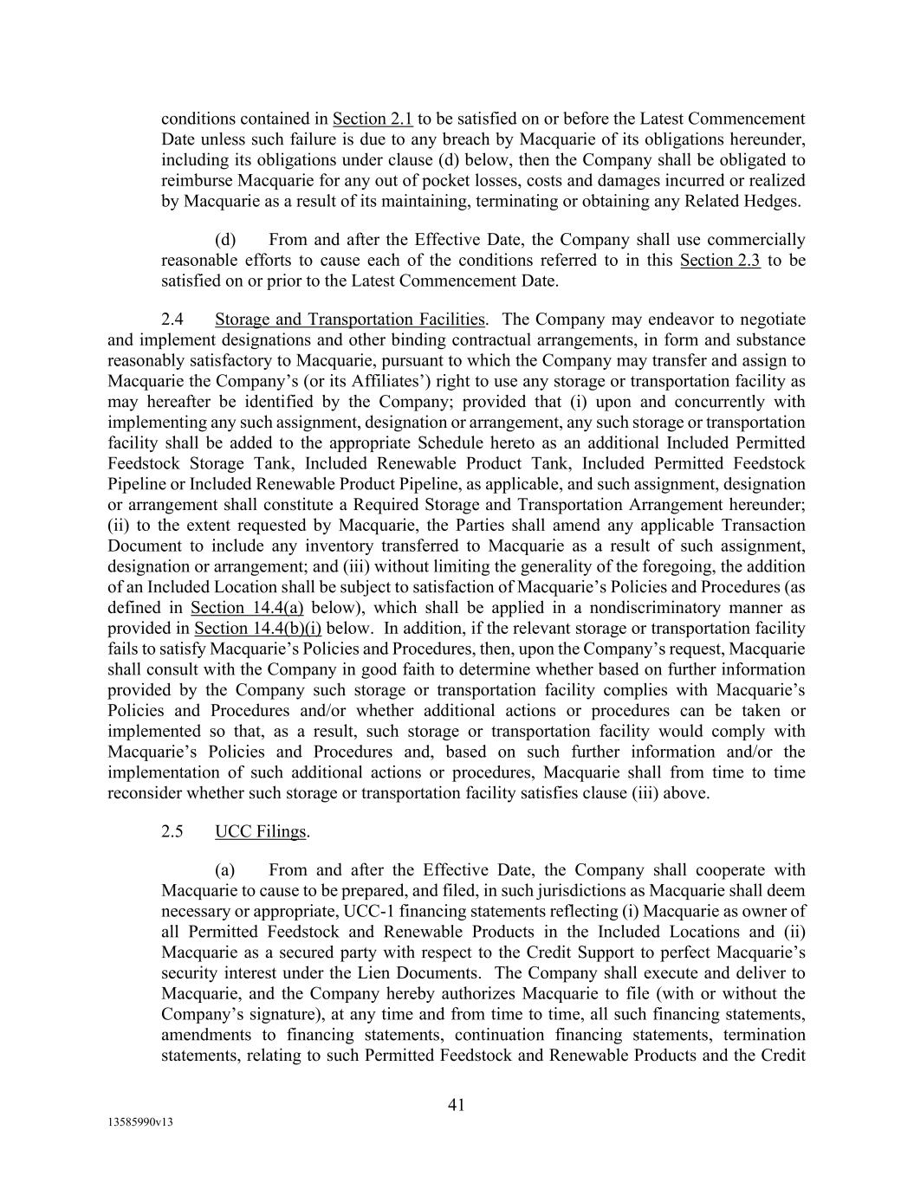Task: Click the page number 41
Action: [457, 1104]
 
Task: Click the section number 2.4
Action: [172, 319]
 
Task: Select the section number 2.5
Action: [172, 831]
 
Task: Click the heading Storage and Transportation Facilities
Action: [349, 319]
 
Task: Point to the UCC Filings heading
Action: [260, 831]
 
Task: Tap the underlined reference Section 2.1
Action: [373, 119]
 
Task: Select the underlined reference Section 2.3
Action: [721, 260]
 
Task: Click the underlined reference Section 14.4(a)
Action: [246, 607]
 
